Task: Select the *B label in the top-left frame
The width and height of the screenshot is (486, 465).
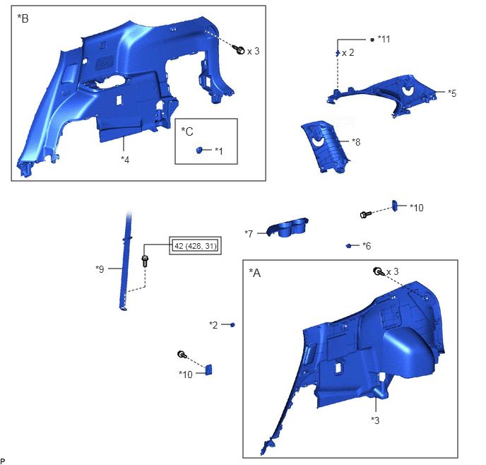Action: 23,18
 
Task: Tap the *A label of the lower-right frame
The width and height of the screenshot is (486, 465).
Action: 255,273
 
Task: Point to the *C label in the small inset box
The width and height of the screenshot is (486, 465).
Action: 187,131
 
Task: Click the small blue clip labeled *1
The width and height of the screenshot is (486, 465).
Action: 199,151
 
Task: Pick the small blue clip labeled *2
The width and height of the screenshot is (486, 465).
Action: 232,324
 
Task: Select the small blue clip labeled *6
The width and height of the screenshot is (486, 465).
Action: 348,246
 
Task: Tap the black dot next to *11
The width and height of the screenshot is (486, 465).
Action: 372,40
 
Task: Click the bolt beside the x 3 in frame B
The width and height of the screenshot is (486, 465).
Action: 239,49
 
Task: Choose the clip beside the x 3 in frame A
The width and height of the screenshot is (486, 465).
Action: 378,272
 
